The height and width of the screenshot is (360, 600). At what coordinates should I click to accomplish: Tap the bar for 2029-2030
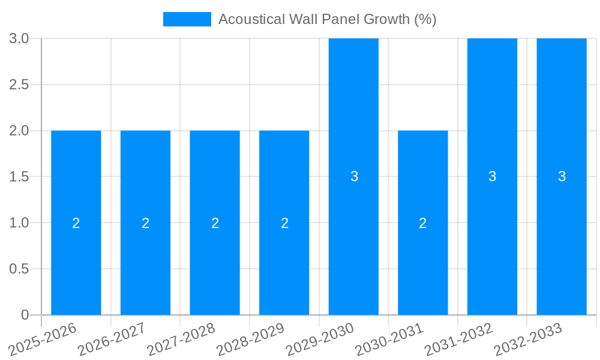[353, 120]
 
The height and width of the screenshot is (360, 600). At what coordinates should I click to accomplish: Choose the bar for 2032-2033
[562, 120]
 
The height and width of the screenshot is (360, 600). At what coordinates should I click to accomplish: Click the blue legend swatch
[187, 19]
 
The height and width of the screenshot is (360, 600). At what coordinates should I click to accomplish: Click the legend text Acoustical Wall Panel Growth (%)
[327, 19]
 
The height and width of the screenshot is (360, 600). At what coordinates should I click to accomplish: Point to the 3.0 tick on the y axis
[19, 38]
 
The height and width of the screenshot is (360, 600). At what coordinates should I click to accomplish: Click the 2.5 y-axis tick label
[19, 85]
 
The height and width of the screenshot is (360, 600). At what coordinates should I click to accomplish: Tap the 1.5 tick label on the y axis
[19, 177]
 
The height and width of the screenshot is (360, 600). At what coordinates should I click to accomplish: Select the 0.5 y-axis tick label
[19, 269]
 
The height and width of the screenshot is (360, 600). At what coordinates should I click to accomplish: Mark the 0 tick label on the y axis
[25, 315]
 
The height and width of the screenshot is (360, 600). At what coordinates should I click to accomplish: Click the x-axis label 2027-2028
[181, 339]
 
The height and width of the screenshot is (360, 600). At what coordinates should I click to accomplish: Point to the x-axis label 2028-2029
[251, 339]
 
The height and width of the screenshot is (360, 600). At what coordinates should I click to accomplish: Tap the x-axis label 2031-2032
[459, 339]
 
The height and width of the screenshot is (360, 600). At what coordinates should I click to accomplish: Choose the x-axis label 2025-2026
[43, 339]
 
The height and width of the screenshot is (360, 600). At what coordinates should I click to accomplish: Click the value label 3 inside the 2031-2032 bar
[492, 176]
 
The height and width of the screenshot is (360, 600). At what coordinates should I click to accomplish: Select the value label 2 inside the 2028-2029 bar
[284, 223]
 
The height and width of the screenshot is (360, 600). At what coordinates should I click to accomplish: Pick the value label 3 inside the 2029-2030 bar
[354, 176]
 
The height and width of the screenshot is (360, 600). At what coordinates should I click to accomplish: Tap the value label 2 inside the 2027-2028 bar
[215, 223]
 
